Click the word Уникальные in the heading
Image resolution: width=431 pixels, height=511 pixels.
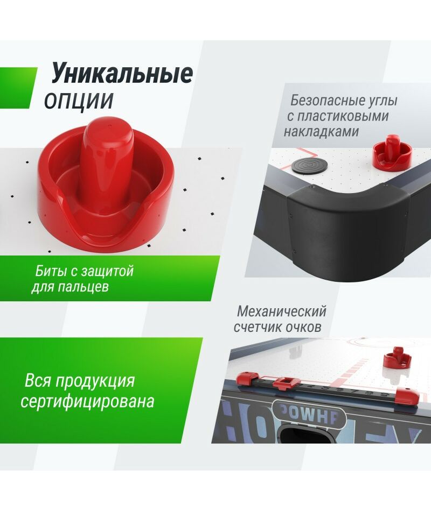pos(122,74)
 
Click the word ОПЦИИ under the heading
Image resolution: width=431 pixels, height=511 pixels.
pos(79,100)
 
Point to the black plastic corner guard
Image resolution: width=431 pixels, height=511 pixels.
pos(347,222)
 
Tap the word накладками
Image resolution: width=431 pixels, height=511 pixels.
pos(321,132)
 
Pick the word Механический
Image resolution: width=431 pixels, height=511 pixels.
pos(282,311)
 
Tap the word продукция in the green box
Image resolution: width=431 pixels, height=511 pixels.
pos(95,381)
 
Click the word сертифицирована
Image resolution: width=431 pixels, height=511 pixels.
pos(87,401)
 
